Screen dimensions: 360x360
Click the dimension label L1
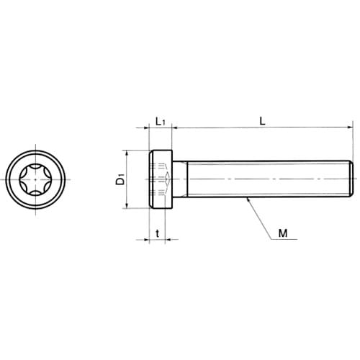click(161, 122)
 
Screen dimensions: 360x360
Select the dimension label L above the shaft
click(263, 122)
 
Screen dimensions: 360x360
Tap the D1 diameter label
click(121, 179)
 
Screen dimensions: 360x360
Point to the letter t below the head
click(158, 233)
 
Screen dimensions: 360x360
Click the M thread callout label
click(283, 233)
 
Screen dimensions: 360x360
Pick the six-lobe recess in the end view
click(35, 179)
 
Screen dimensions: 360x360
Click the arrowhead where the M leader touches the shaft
click(248, 199)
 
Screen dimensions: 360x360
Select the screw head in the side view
click(161, 179)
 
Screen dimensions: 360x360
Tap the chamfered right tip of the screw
click(351, 179)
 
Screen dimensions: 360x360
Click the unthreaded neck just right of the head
click(180, 179)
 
